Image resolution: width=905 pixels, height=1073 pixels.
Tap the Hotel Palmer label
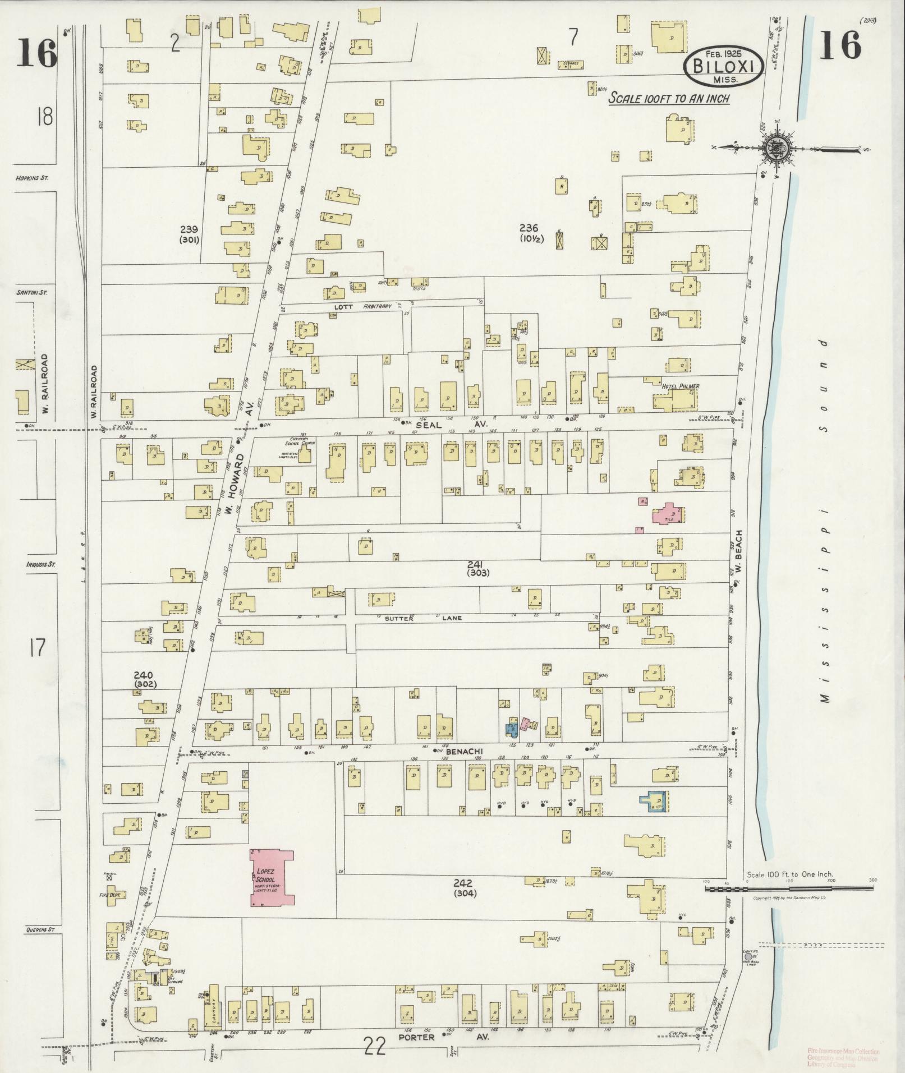(680, 386)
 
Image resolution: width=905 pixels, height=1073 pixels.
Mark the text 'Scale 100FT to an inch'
(669, 99)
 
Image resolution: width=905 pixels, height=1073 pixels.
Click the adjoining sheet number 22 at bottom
(375, 1044)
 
